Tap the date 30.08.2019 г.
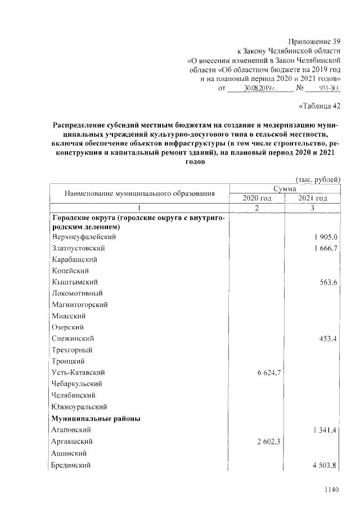point(258,88)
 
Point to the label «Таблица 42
point(318,106)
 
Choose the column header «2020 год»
point(257,199)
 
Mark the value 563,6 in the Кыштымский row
point(328,282)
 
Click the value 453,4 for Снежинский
point(328,339)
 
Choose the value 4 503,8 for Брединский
point(324,465)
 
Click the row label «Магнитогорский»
point(79,305)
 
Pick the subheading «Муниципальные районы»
point(96,418)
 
